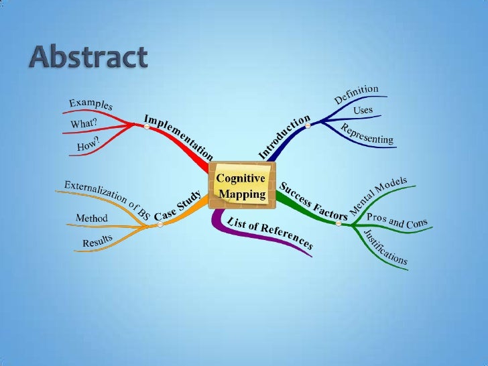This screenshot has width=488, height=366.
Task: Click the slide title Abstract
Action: [x=87, y=58]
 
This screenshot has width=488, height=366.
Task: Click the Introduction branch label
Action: [x=284, y=137]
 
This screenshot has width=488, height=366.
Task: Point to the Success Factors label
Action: [x=313, y=201]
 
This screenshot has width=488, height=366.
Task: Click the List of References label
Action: [x=270, y=233]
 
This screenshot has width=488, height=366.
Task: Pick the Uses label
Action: [x=363, y=110]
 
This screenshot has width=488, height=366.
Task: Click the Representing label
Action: [x=367, y=134]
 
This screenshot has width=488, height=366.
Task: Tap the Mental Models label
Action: [x=379, y=199]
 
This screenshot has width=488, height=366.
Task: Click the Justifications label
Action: [x=385, y=246]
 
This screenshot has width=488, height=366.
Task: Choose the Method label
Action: [x=92, y=218]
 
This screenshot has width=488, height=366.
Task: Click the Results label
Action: [x=97, y=239]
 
